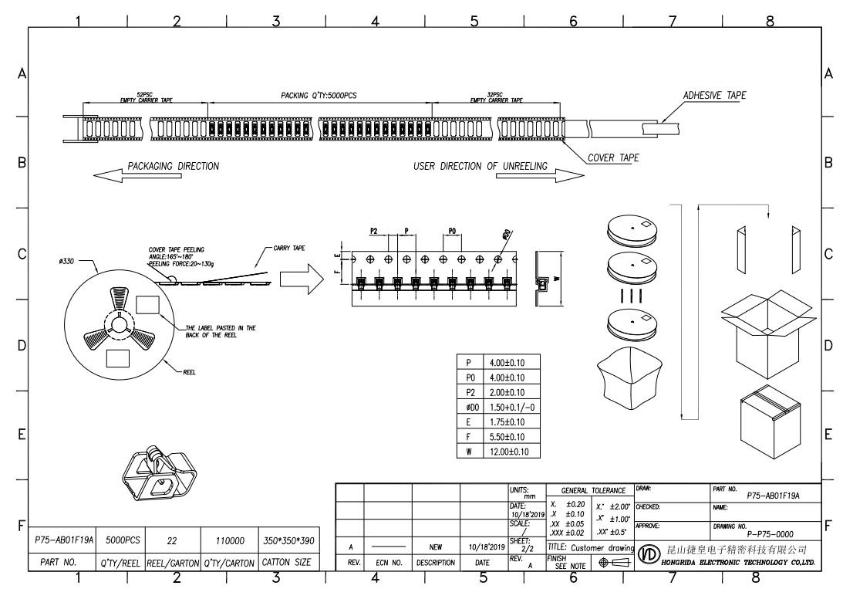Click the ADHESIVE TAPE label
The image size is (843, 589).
(x=715, y=95)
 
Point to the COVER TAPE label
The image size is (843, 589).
(x=613, y=157)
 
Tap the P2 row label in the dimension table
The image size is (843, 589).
(x=469, y=392)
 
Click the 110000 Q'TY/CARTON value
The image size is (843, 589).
(x=227, y=543)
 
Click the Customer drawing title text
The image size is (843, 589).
(x=599, y=547)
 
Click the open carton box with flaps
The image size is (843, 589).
(x=767, y=332)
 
